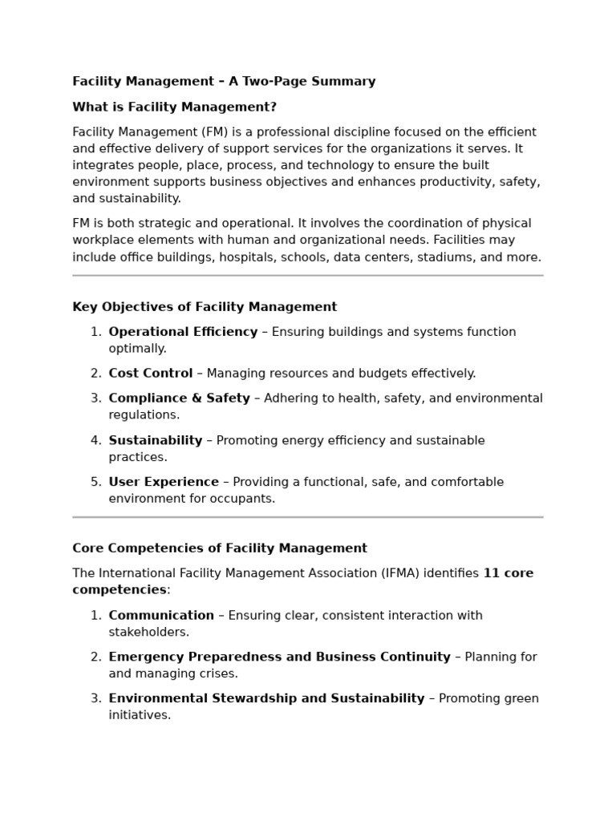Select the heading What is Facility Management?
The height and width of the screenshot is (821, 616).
pos(174,107)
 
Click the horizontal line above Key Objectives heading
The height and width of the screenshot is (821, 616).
pos(307,275)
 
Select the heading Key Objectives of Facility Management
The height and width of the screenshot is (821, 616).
pos(205,307)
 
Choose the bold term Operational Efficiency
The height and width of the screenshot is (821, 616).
pos(183,332)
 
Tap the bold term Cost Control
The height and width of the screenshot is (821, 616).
pos(151,373)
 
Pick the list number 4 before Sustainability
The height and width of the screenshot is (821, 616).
pos(95,440)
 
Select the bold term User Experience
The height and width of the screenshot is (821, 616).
pos(164,482)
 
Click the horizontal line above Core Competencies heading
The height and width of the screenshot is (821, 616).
pos(307,517)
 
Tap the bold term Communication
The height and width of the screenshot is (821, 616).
pos(161,615)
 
